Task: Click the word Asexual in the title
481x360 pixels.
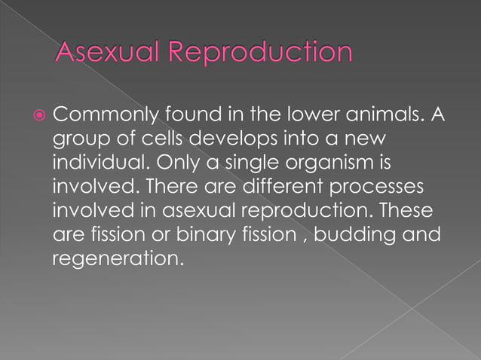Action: coord(108,52)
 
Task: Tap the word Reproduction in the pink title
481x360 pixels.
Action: coord(259,53)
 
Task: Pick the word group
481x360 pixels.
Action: coord(79,140)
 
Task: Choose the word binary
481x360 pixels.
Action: coord(208,234)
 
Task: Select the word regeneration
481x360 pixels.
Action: coord(118,258)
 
